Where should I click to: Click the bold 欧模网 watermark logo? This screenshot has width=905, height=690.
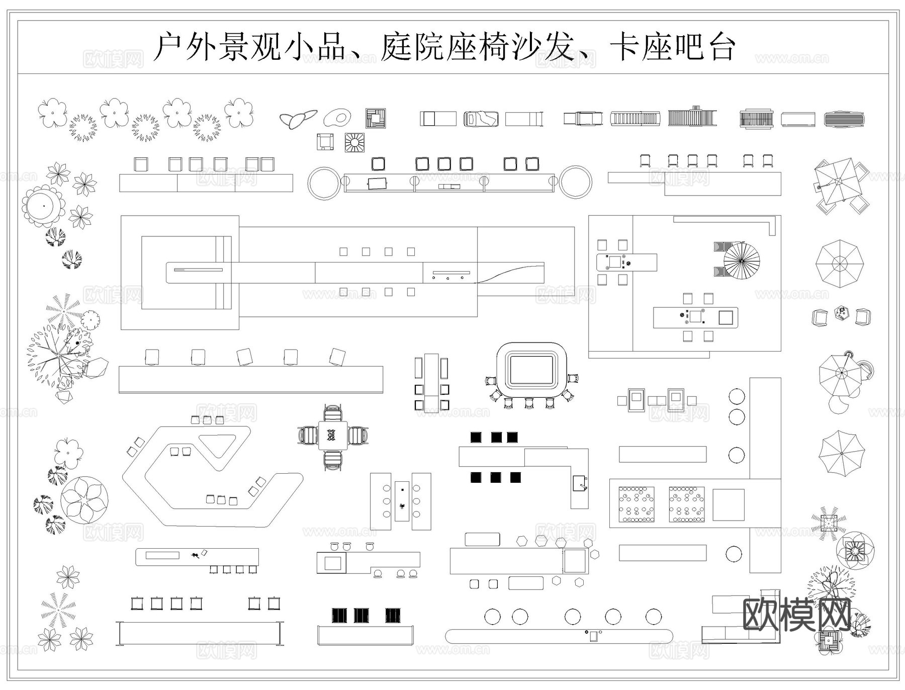[796, 615]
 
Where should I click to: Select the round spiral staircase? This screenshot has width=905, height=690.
[741, 261]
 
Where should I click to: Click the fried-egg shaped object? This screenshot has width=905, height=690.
[337, 118]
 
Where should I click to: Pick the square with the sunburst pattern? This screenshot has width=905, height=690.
[354, 142]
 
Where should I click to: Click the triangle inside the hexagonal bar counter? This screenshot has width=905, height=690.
[218, 443]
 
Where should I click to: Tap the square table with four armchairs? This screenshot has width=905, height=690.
[332, 436]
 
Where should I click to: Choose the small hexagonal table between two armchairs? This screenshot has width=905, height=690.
[841, 313]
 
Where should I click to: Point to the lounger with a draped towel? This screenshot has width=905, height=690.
[481, 119]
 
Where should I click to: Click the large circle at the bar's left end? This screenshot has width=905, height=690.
[324, 183]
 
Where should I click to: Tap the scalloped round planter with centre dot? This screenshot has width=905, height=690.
[43, 206]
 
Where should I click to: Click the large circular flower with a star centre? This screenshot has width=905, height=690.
[84, 500]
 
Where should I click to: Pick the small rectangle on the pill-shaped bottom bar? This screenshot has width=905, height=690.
[594, 636]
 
